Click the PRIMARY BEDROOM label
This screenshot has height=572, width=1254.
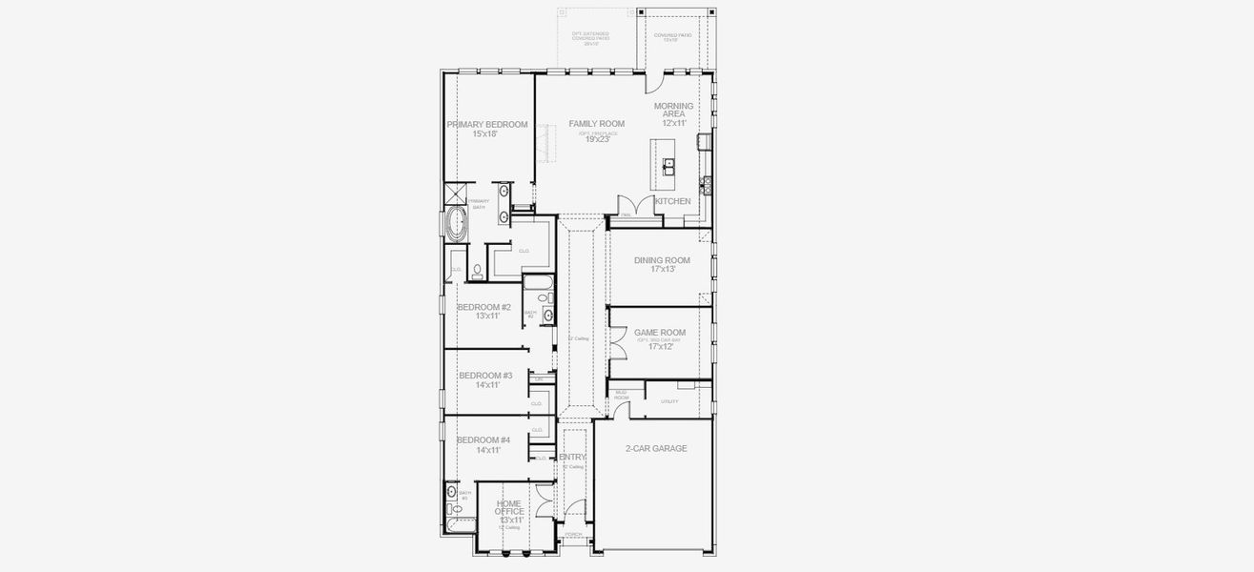[x=486, y=125]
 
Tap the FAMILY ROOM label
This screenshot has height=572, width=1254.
[x=597, y=124]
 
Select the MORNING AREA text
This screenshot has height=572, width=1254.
[x=674, y=110]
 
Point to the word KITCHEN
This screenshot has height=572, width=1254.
[x=673, y=201]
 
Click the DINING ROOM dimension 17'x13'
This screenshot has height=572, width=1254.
[x=662, y=269]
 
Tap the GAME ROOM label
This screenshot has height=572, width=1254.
[x=660, y=333]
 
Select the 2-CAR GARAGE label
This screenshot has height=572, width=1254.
[x=655, y=448]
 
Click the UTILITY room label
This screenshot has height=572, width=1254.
[x=669, y=401]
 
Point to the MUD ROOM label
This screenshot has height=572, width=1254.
[x=621, y=394]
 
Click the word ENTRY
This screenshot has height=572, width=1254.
[x=572, y=458]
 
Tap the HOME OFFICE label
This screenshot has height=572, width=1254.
[x=508, y=507]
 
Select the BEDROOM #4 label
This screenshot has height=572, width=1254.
[x=483, y=439]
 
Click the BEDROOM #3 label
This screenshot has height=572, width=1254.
[x=485, y=376]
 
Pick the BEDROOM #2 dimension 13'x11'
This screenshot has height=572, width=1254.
[x=484, y=316]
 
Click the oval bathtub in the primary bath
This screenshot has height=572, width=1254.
[x=457, y=226]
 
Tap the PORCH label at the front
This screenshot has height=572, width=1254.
[x=573, y=535]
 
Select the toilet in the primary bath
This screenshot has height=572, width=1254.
[x=477, y=273]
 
